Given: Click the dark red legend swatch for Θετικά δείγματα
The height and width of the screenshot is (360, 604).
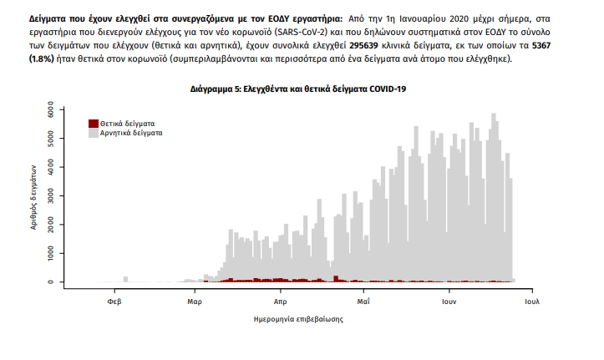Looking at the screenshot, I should click(94, 124).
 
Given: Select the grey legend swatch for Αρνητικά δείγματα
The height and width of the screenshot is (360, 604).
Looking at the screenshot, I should click(94, 133).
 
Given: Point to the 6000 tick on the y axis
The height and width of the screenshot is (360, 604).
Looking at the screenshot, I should click(51, 109).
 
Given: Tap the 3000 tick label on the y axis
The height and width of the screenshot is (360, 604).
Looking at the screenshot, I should click(51, 195).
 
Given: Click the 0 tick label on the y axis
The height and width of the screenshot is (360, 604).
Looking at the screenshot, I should click(51, 281).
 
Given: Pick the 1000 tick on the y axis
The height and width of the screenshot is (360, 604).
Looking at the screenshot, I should click(51, 253).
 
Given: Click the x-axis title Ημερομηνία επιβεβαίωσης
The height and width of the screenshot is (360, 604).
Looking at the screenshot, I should click(298, 319).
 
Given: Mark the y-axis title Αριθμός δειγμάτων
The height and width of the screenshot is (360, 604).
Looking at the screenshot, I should click(35, 196).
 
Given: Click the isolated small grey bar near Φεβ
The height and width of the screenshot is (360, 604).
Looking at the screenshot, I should click(125, 279).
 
